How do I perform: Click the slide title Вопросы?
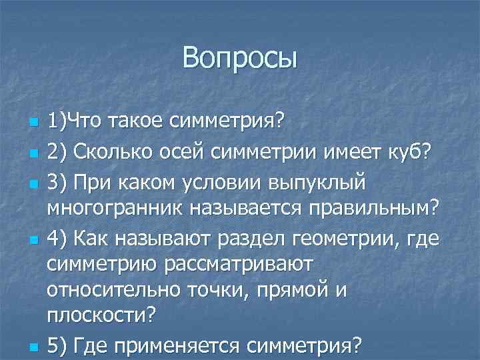[x=240, y=57]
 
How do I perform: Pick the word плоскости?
[x=100, y=317]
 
